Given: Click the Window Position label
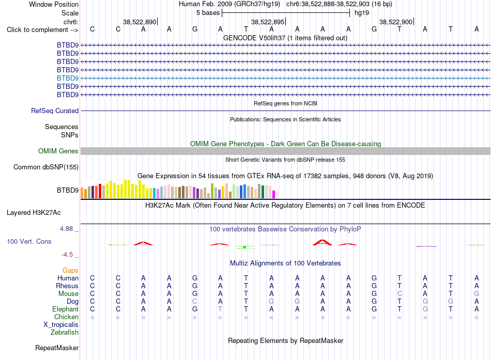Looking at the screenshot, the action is [x=54, y=4].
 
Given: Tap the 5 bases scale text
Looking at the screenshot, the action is [x=208, y=13].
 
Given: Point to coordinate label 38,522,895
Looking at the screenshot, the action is [x=267, y=22].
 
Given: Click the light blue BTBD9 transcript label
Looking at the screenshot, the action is [x=68, y=78].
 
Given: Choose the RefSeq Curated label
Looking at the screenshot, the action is [x=55, y=111].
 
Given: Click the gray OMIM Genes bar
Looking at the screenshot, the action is [x=285, y=151].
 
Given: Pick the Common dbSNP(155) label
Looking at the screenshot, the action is [x=46, y=167].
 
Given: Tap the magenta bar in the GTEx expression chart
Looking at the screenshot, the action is [x=273, y=194].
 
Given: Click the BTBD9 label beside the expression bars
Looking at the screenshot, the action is [x=68, y=191].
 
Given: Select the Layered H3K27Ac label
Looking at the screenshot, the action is [x=34, y=213].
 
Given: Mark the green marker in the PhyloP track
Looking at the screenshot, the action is [x=244, y=247].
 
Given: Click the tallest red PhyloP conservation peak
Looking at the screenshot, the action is [x=323, y=242].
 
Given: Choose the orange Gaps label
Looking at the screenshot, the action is [x=70, y=270].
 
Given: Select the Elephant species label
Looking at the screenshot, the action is [x=65, y=309].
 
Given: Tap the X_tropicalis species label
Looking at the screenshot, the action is [x=61, y=325].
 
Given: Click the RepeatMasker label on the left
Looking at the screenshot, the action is [x=57, y=348].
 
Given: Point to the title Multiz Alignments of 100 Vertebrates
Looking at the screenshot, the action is [x=285, y=263].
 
